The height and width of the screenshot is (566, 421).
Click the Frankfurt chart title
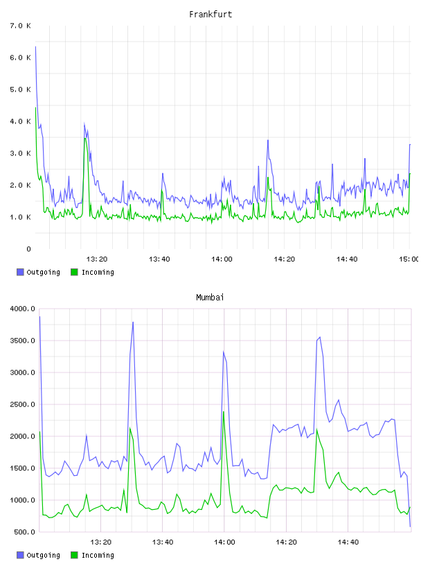(x=210, y=15)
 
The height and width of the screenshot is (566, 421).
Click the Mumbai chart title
(x=210, y=298)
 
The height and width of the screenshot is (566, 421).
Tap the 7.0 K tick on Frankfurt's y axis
(x=21, y=26)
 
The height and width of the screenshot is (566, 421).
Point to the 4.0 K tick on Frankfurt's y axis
(x=21, y=121)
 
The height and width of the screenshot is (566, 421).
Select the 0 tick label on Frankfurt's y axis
(x=28, y=249)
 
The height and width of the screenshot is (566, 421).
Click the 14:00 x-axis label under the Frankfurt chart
(x=222, y=259)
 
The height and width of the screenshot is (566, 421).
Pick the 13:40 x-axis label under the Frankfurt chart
(x=159, y=259)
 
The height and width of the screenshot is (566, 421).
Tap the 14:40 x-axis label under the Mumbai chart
(x=348, y=542)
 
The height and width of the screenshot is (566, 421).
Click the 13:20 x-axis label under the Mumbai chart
(x=100, y=542)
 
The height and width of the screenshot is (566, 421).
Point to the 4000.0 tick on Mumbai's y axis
(x=22, y=309)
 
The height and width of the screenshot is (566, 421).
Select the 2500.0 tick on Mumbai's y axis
(x=22, y=404)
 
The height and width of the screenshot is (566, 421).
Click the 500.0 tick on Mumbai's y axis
(x=24, y=532)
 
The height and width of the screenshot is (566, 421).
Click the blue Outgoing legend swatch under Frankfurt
(x=20, y=272)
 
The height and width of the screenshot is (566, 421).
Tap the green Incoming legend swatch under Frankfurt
(x=74, y=272)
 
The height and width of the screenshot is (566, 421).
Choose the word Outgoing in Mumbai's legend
(x=43, y=555)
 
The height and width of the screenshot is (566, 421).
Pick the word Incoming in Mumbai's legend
(x=98, y=555)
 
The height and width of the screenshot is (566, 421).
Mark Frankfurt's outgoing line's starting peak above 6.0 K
(x=35, y=46)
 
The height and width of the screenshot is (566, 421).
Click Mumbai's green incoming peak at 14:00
(x=224, y=412)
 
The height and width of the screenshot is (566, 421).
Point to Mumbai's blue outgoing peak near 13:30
(x=133, y=322)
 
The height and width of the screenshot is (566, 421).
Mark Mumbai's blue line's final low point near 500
(x=410, y=526)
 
